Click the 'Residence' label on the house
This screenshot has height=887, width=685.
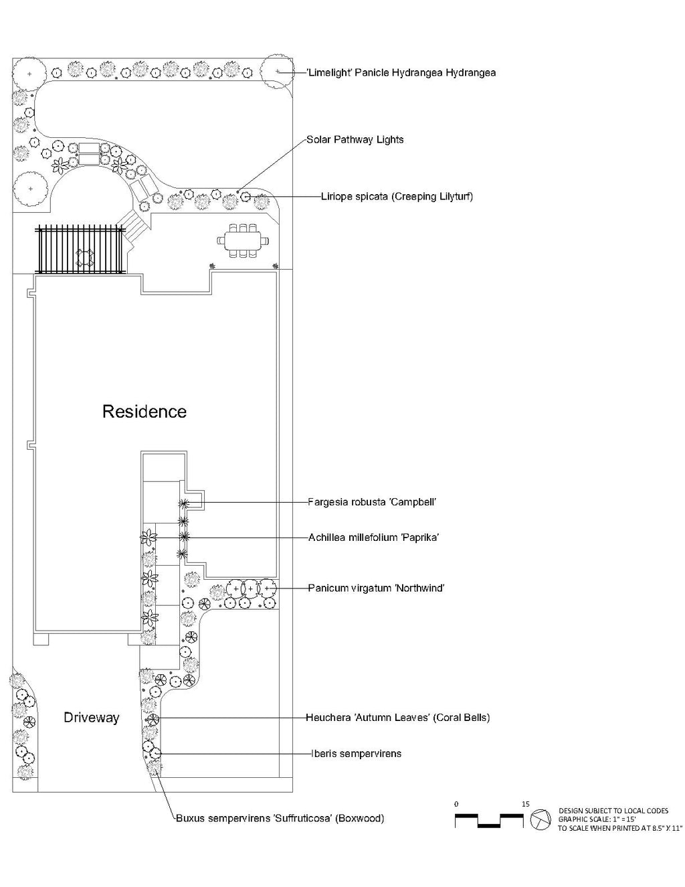point(144,411)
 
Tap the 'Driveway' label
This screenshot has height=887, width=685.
point(92,718)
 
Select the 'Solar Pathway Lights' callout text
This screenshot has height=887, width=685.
point(355,140)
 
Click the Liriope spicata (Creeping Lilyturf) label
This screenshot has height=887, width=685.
point(397,197)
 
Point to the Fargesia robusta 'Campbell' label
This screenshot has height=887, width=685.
point(372,501)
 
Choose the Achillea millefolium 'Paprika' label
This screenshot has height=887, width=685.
point(373,537)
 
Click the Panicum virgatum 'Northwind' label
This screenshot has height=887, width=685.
point(376,588)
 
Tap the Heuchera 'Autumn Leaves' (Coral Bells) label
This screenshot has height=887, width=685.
point(397,718)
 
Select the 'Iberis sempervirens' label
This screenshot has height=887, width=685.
point(356,754)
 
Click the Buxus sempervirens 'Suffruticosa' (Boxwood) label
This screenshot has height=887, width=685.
point(280,818)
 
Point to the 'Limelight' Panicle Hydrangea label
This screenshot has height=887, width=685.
point(401,72)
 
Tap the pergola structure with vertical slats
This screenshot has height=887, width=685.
point(81,250)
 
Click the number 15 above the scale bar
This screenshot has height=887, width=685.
point(525,803)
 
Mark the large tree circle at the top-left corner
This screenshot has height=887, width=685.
point(29,71)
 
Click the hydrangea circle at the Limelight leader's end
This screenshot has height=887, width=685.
point(276,72)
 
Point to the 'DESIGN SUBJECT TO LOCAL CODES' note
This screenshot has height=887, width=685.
point(613,811)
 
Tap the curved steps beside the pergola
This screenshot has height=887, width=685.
point(135,226)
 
